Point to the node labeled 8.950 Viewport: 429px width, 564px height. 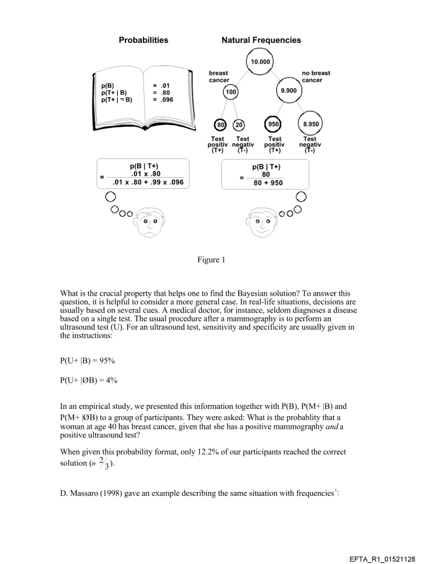coord(309,125)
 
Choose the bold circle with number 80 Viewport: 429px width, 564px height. coord(221,125)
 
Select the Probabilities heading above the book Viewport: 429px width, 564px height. coord(144,40)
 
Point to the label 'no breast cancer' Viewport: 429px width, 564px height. coord(316,77)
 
